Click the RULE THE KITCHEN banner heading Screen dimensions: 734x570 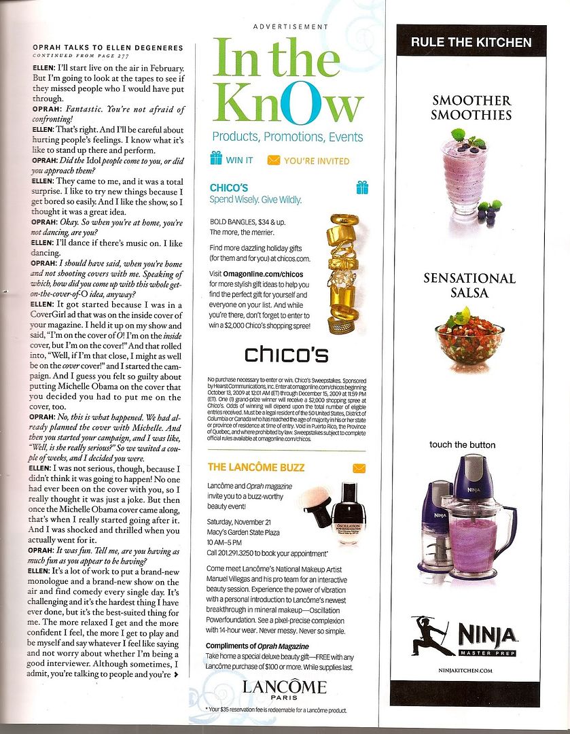point(471,42)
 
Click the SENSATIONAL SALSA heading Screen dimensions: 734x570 point(469,285)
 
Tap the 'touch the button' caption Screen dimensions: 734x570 point(462,445)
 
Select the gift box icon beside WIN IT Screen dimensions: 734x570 point(216,158)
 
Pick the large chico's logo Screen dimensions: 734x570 point(286,355)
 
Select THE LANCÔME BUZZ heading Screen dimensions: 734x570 point(255,467)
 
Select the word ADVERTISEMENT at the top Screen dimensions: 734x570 point(290,27)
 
